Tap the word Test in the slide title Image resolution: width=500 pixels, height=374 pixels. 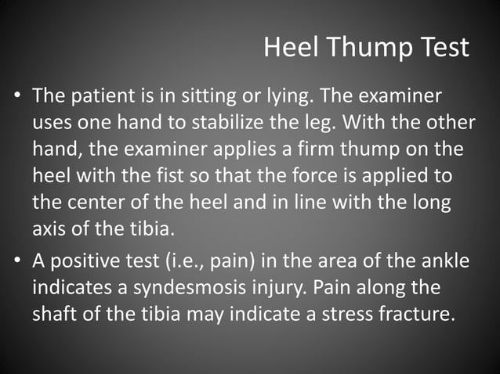pos(441,49)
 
